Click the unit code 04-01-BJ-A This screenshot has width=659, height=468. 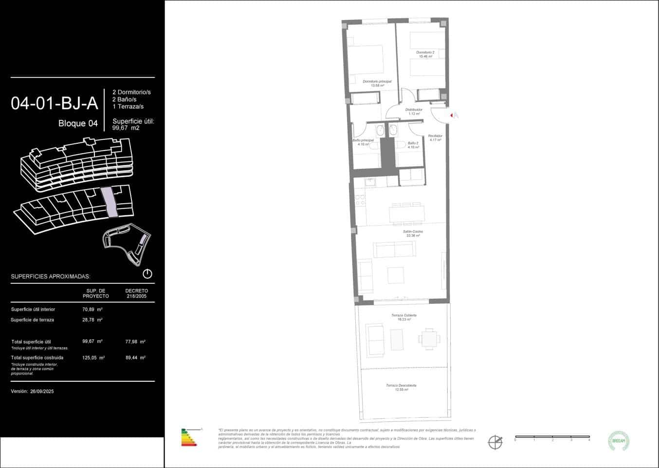tap(55, 103)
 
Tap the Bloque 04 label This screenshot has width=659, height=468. tap(78, 123)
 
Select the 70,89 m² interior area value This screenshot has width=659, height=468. tap(92, 310)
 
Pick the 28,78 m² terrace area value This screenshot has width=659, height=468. tap(92, 320)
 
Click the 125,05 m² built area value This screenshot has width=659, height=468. tap(93, 358)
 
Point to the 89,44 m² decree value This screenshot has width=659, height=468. tap(135, 358)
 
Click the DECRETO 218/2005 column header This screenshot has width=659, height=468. tap(136, 293)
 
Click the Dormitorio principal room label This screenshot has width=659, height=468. tap(377, 82)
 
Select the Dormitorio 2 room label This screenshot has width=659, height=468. tap(425, 52)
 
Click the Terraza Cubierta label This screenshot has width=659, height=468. tap(403, 316)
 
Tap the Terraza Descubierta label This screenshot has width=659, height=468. tap(401, 386)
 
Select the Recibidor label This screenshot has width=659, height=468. tap(435, 136)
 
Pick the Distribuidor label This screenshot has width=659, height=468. tap(414, 110)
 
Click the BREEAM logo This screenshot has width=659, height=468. tap(619, 441)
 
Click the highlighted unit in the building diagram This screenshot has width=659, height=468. tap(110, 202)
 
